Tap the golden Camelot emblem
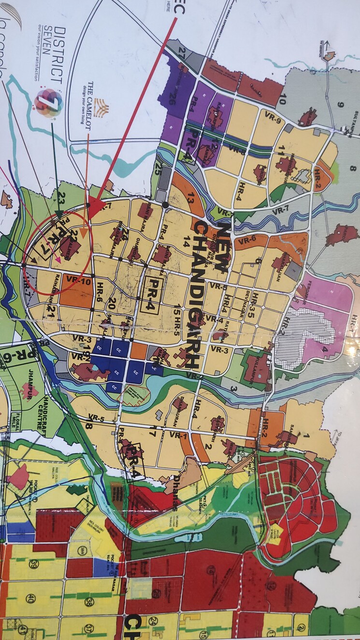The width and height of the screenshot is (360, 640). pyautogui.click(x=101, y=107)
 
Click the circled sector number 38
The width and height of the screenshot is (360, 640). pyautogui.click(x=88, y=602)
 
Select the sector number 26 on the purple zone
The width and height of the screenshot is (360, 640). pyautogui.click(x=172, y=99)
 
